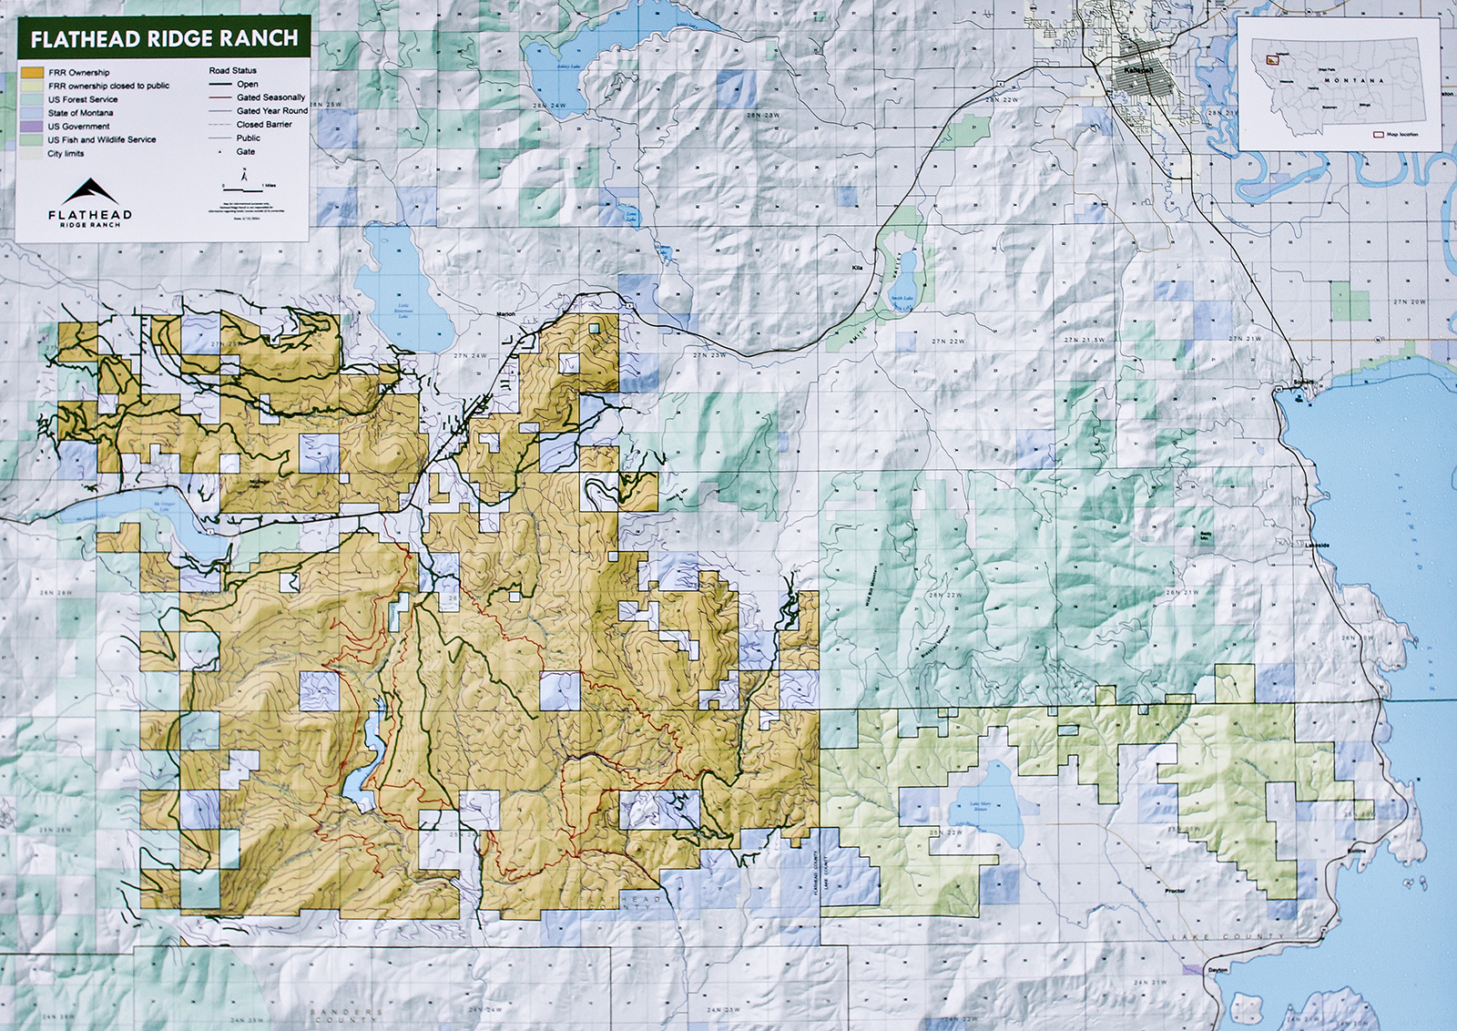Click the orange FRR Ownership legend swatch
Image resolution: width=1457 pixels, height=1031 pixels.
pos(33,72)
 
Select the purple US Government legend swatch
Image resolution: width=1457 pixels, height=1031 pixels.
pos(33,127)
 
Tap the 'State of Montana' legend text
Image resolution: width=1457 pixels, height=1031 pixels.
pos(81,113)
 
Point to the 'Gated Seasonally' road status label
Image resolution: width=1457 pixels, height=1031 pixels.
pos(270,97)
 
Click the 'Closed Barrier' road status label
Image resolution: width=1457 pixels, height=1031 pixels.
pos(264,125)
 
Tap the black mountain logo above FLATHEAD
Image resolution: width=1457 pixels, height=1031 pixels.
pos(90,190)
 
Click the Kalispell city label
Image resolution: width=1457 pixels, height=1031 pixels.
pos(1138,70)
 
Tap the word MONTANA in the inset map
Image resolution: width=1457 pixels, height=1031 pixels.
pos(1353,80)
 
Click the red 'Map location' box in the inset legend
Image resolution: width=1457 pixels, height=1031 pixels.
pos(1378,134)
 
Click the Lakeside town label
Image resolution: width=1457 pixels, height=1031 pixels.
pos(1317,546)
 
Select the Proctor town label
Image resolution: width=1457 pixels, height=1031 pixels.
pos(1175,891)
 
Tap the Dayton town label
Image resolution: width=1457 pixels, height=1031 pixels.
pos(1218,970)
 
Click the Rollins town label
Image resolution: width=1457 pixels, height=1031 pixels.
pos(1357,851)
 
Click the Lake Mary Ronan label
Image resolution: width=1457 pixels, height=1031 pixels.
pos(980,806)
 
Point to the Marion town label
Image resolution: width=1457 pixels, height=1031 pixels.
pos(505,314)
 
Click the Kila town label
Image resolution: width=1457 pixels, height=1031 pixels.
pos(856,268)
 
